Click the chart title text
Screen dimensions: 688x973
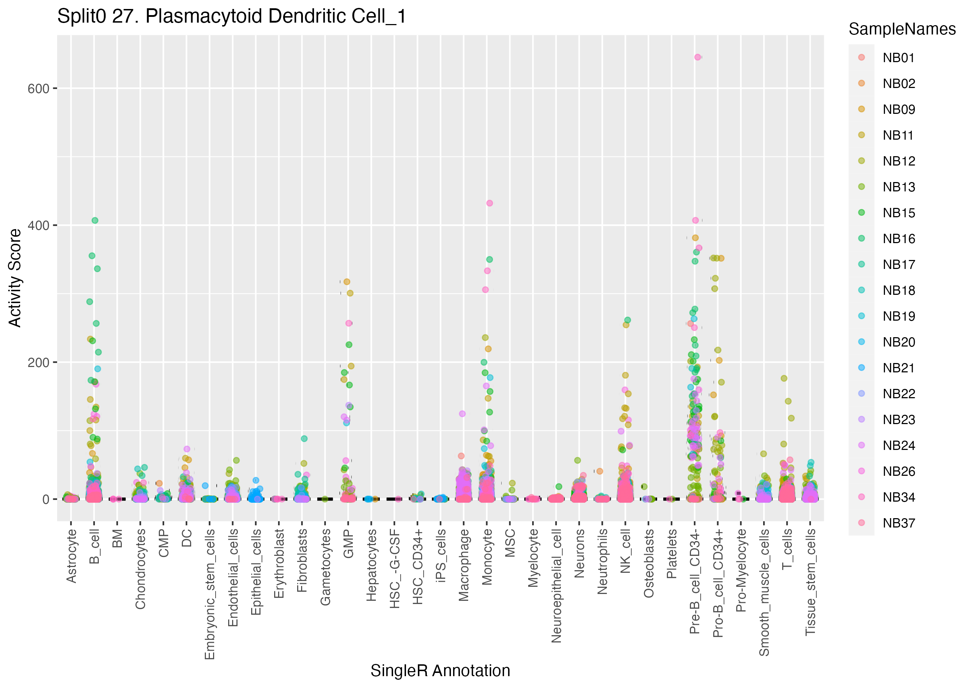pyautogui.click(x=231, y=17)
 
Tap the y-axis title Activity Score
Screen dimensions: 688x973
pyautogui.click(x=15, y=278)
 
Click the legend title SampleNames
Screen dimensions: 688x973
pyautogui.click(x=902, y=29)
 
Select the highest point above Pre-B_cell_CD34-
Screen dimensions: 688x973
pyautogui.click(x=697, y=57)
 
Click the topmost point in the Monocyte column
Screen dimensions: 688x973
pyautogui.click(x=489, y=203)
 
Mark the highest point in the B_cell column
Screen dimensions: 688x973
pyautogui.click(x=95, y=220)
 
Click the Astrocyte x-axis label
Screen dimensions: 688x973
pyautogui.click(x=72, y=556)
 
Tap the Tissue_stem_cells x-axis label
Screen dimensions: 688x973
pyautogui.click(x=810, y=582)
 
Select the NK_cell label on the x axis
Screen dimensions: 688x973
pyautogui.click(x=626, y=551)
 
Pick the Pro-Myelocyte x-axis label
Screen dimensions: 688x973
pyautogui.click(x=741, y=570)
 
